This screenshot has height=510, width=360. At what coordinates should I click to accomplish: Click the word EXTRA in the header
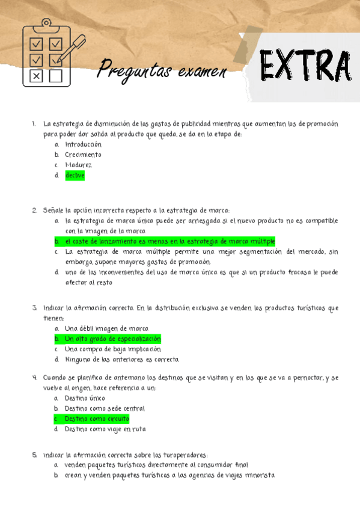click(x=305, y=67)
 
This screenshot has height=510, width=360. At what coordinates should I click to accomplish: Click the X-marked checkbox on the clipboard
click(x=37, y=76)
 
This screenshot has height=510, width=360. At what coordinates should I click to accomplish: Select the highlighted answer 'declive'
click(x=75, y=176)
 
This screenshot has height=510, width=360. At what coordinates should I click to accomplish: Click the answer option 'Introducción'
click(x=83, y=144)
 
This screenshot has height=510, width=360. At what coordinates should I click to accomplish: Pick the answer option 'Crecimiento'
click(x=83, y=155)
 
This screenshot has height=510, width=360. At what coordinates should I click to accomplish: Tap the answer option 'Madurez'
click(x=79, y=165)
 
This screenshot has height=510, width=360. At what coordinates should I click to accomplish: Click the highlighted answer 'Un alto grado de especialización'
click(x=112, y=339)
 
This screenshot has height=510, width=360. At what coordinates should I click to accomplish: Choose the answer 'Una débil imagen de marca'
click(x=106, y=328)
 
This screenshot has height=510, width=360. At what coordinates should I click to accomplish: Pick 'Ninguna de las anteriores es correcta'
click(x=122, y=360)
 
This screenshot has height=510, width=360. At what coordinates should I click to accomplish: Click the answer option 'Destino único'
click(x=85, y=398)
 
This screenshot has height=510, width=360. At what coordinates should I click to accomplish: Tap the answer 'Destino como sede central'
click(x=105, y=408)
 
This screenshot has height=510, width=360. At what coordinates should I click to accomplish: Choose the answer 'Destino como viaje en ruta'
click(x=105, y=429)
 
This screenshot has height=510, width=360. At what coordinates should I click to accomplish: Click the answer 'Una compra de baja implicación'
click(x=112, y=349)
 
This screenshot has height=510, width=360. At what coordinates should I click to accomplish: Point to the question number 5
click(x=35, y=455)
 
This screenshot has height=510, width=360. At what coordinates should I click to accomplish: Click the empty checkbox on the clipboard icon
click(x=55, y=76)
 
